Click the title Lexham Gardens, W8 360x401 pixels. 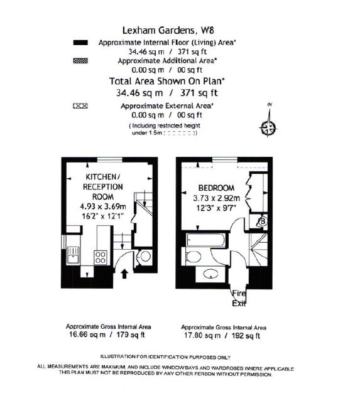168,30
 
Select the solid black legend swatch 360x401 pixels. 80,43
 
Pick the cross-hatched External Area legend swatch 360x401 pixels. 80,106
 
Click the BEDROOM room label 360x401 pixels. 216,188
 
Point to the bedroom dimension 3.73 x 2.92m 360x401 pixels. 216,198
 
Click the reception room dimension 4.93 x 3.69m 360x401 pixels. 103,206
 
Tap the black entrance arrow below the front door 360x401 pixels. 124,274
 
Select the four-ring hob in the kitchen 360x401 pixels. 101,257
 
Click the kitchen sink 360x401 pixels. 74,255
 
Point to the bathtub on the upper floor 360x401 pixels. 206,240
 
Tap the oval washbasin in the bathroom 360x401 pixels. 210,274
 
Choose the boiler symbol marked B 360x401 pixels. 263,221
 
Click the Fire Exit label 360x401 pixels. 239,299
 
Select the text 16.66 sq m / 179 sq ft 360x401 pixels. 107,334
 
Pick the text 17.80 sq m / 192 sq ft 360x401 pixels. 222,335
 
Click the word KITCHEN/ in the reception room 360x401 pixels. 103,177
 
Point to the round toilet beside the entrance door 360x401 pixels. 145,256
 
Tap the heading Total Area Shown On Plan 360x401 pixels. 167,81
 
